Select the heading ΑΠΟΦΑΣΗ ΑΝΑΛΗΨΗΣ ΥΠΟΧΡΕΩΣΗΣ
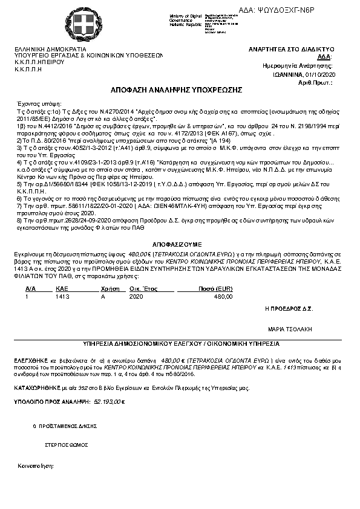click(176, 89)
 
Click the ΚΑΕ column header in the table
click(61, 289)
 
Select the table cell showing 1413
click(62, 297)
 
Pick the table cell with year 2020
click(136, 297)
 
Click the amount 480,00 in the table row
click(223, 297)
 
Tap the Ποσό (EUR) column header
click(215, 289)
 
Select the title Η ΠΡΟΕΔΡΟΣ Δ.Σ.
click(289, 308)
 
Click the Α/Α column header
click(30, 289)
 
